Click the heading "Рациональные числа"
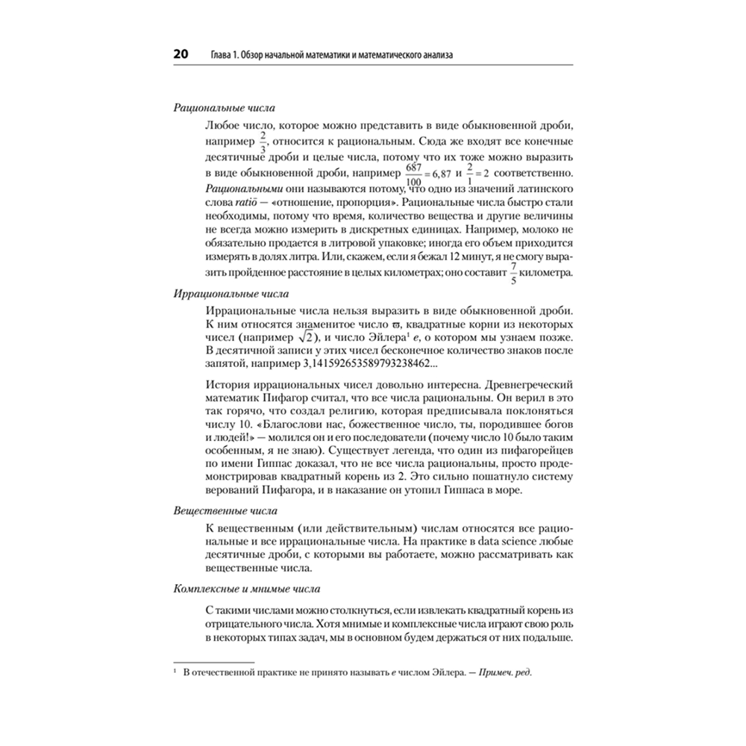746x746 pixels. [217, 107]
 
